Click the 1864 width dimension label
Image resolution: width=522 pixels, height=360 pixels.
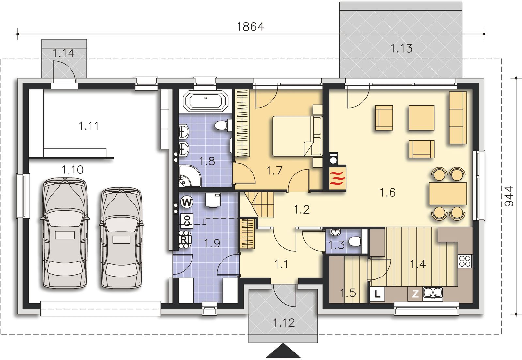click(x=251, y=27)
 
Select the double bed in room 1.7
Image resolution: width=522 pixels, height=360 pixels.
click(x=298, y=136)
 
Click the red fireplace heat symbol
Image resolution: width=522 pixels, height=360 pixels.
click(x=337, y=178)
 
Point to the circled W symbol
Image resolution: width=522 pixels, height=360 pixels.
click(x=187, y=202)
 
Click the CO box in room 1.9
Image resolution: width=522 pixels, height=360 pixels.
click(x=187, y=220)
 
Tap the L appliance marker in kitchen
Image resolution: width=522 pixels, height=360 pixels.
click(x=377, y=294)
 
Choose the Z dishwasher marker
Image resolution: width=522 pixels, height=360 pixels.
click(x=415, y=294)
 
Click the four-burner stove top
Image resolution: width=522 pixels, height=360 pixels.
click(x=465, y=261)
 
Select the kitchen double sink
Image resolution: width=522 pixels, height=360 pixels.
click(x=433, y=293)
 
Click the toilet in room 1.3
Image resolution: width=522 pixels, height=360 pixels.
click(x=355, y=242)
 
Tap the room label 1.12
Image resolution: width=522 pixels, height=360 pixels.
click(x=284, y=323)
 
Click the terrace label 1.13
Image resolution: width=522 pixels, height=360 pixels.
click(x=401, y=48)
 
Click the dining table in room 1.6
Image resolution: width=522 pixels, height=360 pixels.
click(x=448, y=194)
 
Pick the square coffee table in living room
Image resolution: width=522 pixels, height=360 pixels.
click(x=421, y=118)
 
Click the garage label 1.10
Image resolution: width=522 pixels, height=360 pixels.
click(x=72, y=170)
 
